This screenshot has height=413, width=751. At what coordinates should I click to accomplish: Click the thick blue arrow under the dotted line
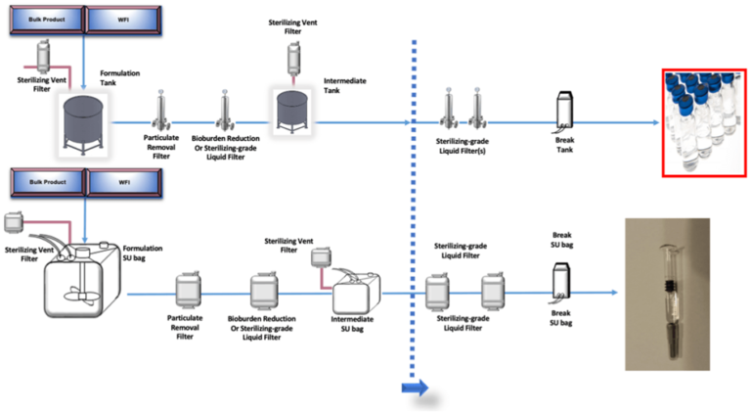coord(415,389)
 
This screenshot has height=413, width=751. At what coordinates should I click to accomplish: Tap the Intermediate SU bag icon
coord(354,291)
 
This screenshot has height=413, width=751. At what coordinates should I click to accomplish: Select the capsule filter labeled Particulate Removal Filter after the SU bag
coord(187,291)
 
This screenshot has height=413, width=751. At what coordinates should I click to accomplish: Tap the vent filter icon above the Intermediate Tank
coord(291,57)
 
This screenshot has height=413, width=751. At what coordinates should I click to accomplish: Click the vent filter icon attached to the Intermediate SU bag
coord(319,258)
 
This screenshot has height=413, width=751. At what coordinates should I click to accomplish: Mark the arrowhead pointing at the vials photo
coord(653,124)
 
